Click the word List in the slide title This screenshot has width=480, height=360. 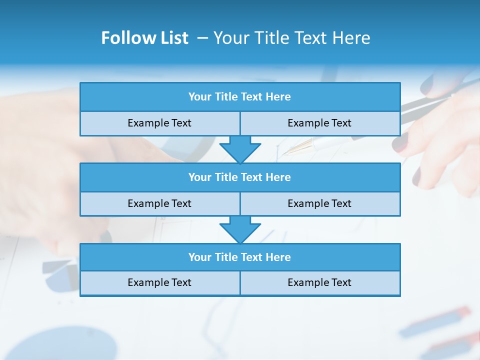[x=172, y=38]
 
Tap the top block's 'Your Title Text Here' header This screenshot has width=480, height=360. [x=239, y=96]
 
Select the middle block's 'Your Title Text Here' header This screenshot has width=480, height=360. [x=239, y=177]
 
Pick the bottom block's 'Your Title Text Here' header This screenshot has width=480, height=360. [x=239, y=257]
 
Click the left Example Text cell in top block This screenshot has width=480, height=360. [x=159, y=123]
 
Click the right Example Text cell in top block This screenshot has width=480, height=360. [x=319, y=123]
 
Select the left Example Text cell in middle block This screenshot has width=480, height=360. [x=159, y=203]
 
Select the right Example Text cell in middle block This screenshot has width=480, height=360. [x=319, y=203]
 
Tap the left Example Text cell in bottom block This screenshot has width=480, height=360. [x=159, y=282]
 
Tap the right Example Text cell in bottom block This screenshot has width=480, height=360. [x=319, y=282]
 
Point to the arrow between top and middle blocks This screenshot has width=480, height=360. [x=240, y=149]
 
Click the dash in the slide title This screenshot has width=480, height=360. [x=202, y=38]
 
